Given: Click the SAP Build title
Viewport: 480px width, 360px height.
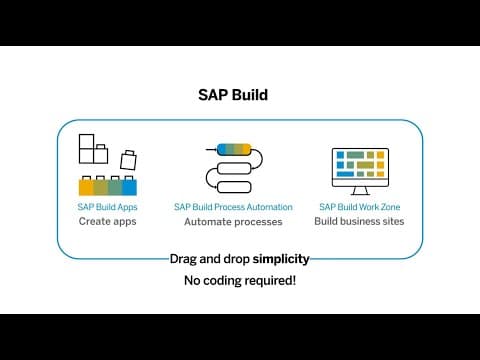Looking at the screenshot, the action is click(233, 95).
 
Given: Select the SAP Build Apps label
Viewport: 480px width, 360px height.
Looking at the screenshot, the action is click(107, 207).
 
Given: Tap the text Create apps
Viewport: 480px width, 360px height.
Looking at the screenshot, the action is click(108, 221).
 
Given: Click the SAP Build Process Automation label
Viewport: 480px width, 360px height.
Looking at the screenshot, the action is click(233, 207).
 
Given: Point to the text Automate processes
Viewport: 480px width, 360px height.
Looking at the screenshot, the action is click(233, 222).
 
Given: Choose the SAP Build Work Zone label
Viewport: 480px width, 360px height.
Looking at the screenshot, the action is click(360, 207).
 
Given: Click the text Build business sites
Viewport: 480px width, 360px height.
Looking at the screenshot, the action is click(359, 221).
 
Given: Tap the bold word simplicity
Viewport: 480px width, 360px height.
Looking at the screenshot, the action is click(281, 259).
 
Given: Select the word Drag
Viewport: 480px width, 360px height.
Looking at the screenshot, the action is click(183, 259).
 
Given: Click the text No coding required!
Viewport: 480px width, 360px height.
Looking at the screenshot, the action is click(240, 280).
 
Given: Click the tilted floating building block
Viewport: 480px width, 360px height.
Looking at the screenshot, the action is click(128, 160).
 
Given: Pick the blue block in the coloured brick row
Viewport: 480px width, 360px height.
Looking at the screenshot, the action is click(129, 186).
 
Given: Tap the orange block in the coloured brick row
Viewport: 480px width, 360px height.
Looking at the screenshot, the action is click(86, 186).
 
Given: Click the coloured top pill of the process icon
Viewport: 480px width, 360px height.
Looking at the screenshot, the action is click(234, 150).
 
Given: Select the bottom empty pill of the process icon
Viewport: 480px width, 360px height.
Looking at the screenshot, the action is click(234, 187).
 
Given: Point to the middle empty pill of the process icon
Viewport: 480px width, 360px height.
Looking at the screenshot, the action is click(234, 168).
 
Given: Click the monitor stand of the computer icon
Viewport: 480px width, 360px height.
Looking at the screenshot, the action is click(360, 191).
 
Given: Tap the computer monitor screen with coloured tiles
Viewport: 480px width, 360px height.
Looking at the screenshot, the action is click(360, 164).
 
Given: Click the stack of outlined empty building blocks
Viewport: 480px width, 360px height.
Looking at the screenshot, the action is click(93, 149).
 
